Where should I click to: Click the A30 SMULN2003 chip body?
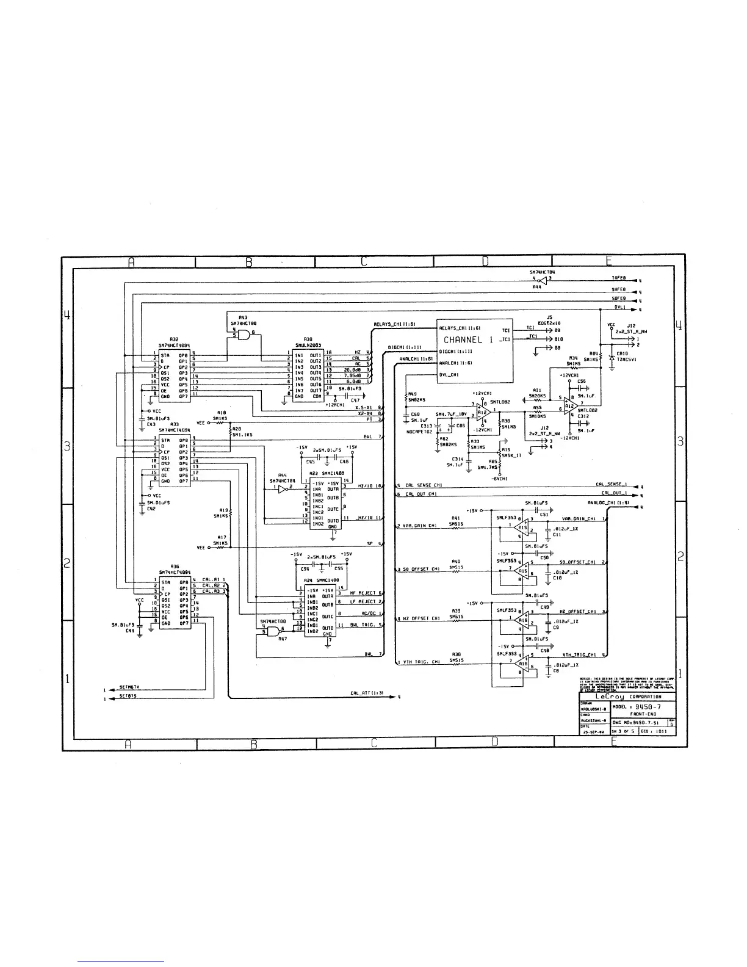(308, 375)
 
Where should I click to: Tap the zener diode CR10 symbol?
(611, 359)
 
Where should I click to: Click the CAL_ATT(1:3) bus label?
(367, 693)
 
